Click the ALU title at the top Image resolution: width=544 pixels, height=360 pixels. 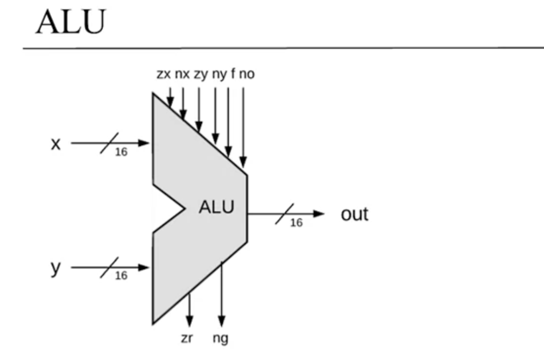pyautogui.click(x=71, y=22)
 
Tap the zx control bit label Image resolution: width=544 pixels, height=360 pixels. pyautogui.click(x=164, y=74)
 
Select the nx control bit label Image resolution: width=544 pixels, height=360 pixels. pyautogui.click(x=182, y=74)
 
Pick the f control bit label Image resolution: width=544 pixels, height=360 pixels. pyautogui.click(x=233, y=74)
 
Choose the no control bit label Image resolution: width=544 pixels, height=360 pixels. pyautogui.click(x=247, y=74)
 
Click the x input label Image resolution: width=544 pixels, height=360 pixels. pyautogui.click(x=56, y=144)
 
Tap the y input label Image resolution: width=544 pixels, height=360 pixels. pyautogui.click(x=56, y=268)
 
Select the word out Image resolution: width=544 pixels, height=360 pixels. pyautogui.click(x=355, y=214)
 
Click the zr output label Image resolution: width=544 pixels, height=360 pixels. pyautogui.click(x=186, y=338)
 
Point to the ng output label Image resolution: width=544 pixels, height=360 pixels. pyautogui.click(x=221, y=339)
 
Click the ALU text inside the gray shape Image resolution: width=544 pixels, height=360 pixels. pyautogui.click(x=217, y=207)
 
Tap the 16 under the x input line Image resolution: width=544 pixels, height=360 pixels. pyautogui.click(x=121, y=152)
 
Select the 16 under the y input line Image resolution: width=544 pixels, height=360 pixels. pyautogui.click(x=121, y=276)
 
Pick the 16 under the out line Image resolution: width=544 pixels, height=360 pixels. pyautogui.click(x=296, y=223)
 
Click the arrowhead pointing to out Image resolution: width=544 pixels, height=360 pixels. pyautogui.click(x=318, y=214)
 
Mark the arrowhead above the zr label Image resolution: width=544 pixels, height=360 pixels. pyautogui.click(x=189, y=321)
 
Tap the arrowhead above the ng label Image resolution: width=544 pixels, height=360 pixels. pyautogui.click(x=222, y=321)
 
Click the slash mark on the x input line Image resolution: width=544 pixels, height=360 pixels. pyautogui.click(x=110, y=143)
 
